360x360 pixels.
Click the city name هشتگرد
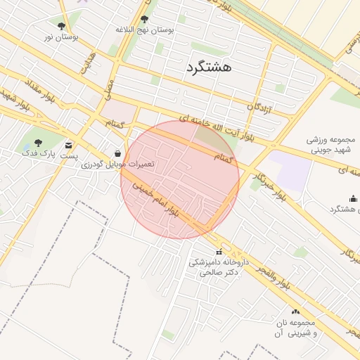[x=210, y=67]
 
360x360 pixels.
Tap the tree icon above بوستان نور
[x=61, y=26]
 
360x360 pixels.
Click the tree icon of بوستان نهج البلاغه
[x=145, y=20]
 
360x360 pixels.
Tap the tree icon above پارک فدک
[x=38, y=143]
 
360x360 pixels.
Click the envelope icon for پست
[x=68, y=146]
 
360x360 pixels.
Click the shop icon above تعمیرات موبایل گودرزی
[x=117, y=153]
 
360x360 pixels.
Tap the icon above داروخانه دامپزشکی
[x=219, y=252]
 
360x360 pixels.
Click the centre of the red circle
[x=180, y=180]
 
